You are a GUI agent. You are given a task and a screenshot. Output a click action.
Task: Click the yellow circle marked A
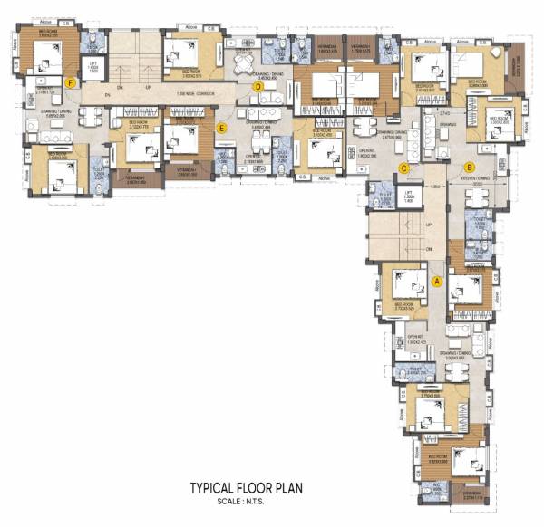438,281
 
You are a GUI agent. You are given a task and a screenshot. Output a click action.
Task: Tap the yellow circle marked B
469,167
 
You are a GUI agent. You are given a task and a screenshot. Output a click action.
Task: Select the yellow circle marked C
405,167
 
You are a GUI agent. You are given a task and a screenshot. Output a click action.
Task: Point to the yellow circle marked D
257,87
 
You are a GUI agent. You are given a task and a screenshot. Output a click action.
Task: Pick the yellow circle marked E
222,128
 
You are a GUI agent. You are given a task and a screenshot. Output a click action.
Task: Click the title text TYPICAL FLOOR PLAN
245,488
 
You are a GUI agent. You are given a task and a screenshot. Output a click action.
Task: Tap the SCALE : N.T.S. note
245,501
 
